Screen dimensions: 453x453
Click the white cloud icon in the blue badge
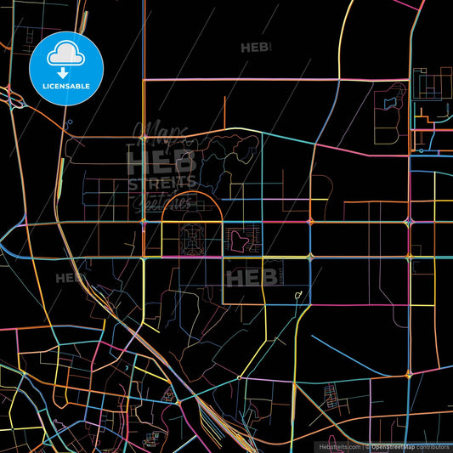click(65, 53)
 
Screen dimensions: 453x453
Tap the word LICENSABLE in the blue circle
click(66, 86)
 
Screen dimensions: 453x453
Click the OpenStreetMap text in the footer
click(396, 445)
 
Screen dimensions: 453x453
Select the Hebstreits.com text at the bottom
click(339, 445)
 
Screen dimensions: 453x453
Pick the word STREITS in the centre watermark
click(161, 183)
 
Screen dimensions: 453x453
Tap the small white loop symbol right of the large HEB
click(297, 295)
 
